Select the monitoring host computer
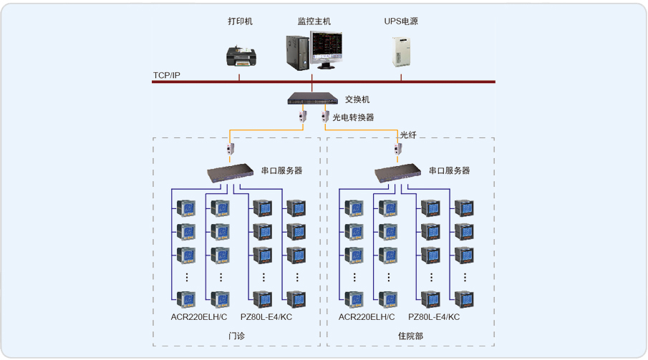tap(314, 51)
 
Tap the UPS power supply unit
tap(400, 51)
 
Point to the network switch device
tap(312, 99)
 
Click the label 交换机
tap(357, 99)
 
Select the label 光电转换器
tap(353, 117)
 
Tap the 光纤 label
tap(408, 135)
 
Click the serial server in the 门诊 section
tap(230, 172)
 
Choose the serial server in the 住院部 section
tap(397, 172)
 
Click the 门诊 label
tap(237, 336)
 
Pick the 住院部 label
tap(410, 336)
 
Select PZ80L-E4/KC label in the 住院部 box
tap(434, 317)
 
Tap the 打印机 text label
tap(241, 21)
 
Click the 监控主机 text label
tap(314, 21)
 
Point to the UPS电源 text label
tap(401, 21)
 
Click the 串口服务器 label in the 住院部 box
tap(449, 171)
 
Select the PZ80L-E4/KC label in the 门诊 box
tap(266, 317)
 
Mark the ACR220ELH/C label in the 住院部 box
tap(367, 317)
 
